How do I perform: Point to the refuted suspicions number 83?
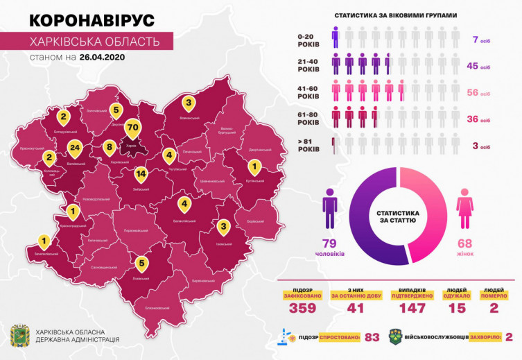click(x=372, y=337)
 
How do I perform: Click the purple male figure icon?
click(x=330, y=210)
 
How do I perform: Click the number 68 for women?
click(x=464, y=243)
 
